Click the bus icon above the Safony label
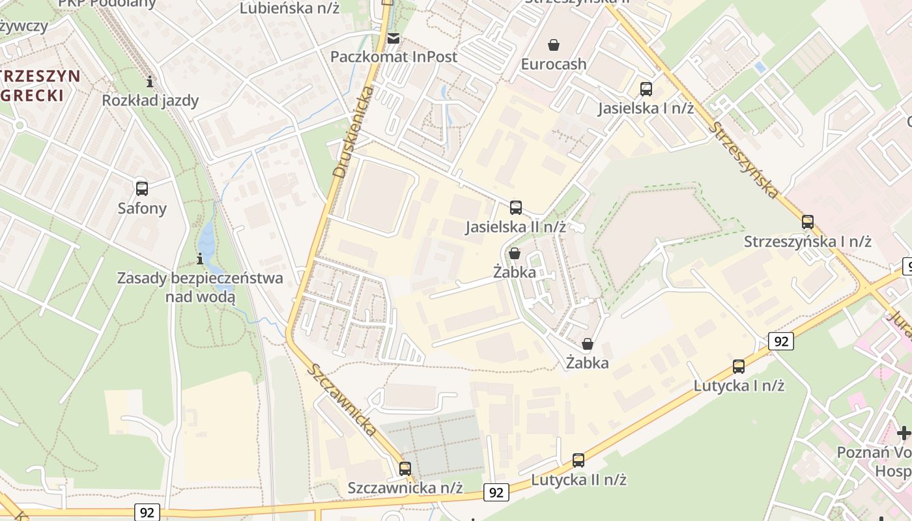coord(142,189)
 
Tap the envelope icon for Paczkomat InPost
coord(393,38)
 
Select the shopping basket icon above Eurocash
coord(554,45)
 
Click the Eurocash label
coord(554,64)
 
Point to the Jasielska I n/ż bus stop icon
coord(646,89)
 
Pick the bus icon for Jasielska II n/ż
coord(516,208)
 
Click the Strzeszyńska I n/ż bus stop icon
coord(808,222)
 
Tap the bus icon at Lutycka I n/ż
coord(739,367)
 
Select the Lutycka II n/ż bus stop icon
coord(578,460)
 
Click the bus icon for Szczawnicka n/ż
coord(405,468)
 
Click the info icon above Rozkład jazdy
coord(150,81)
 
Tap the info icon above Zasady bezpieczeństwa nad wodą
coord(200,259)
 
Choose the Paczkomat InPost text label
coord(393,57)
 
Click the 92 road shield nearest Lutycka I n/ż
coord(780,341)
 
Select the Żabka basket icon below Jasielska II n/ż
coord(515,253)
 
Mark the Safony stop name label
coord(142,208)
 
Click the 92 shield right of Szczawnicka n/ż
coord(496,492)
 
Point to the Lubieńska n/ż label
coord(289,8)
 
